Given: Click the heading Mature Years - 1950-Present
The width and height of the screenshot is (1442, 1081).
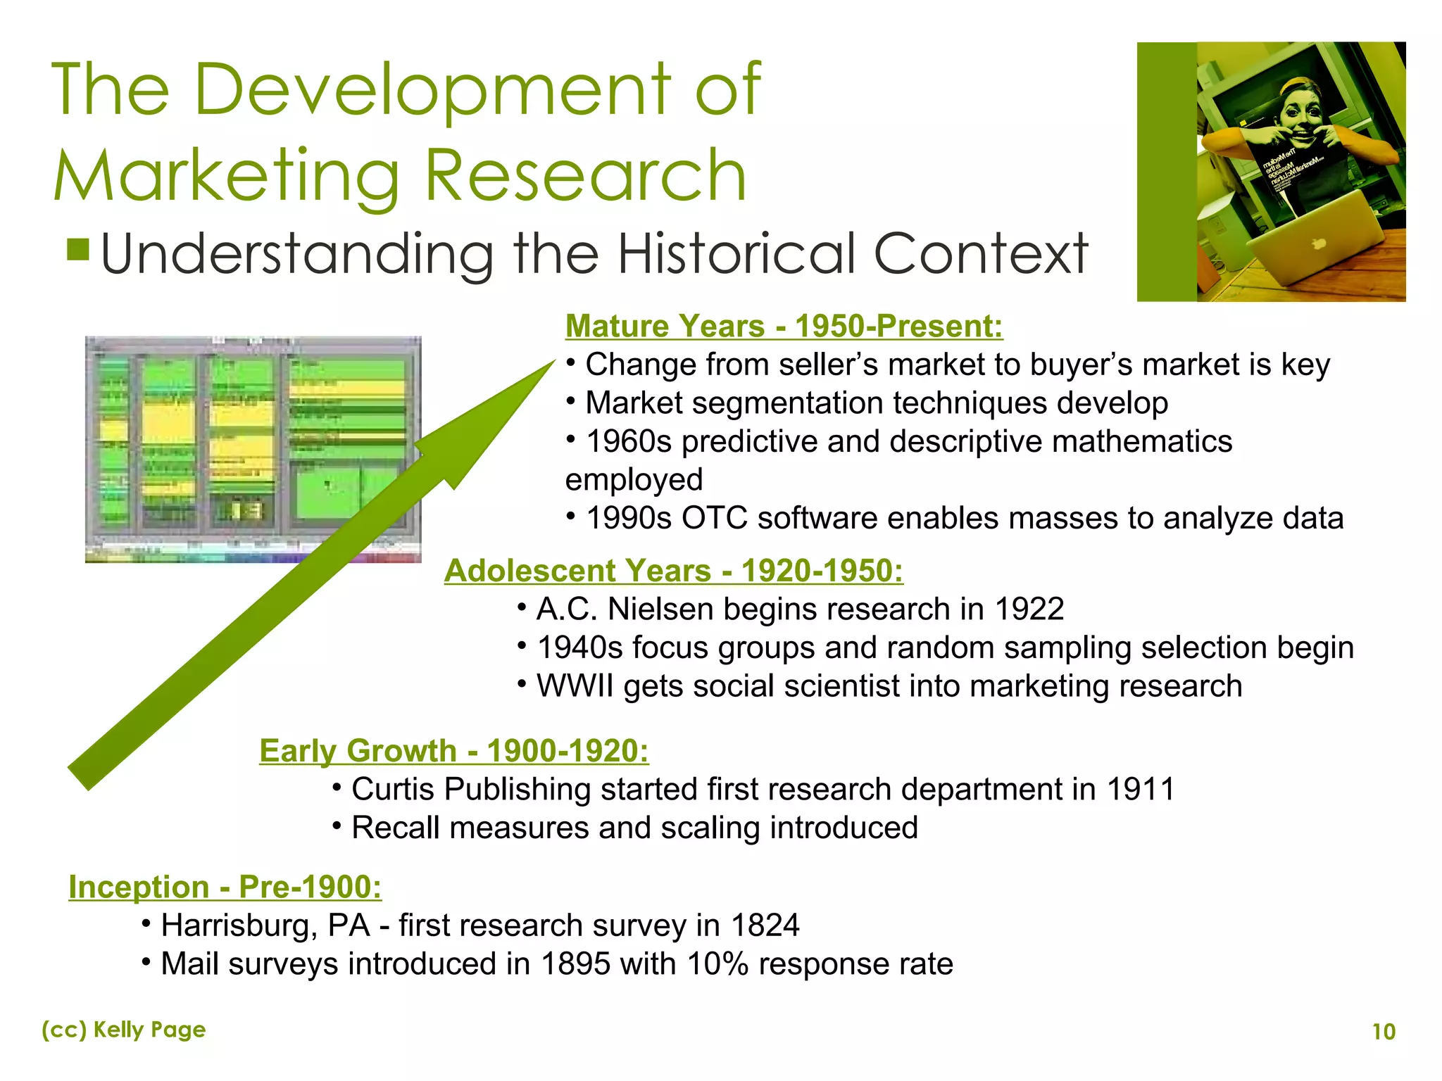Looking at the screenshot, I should tap(784, 327).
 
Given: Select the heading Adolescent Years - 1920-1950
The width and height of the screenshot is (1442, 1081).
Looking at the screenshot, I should tap(673, 571).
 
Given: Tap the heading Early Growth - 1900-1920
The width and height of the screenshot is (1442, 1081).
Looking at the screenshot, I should tap(453, 751).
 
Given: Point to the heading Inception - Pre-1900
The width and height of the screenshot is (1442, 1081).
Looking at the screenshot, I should tap(225, 887).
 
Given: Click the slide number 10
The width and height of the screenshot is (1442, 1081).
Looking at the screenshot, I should tap(1384, 1032).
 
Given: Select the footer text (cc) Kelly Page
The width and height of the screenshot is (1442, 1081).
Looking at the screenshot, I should tap(124, 1030).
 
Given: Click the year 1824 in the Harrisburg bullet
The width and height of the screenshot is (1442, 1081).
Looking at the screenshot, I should tap(765, 925).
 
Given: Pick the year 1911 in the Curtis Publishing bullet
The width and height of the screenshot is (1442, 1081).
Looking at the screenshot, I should tap(1140, 790).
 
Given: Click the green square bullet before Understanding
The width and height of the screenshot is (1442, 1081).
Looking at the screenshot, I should tap(78, 249).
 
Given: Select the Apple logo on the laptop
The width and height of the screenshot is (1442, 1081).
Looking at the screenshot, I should tap(1319, 243).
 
